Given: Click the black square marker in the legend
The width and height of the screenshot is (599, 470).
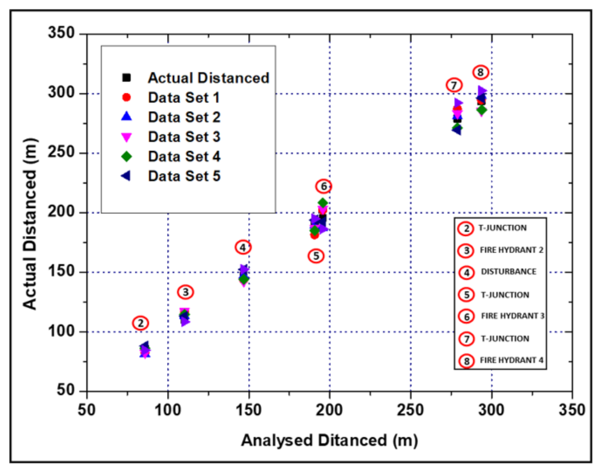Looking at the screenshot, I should click(x=126, y=78).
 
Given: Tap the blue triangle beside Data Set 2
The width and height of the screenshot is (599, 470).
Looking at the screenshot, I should click(x=126, y=116).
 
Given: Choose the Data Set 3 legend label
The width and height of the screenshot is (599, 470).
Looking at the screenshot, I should click(x=184, y=137).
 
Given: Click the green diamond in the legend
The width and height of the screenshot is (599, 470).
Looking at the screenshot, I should click(x=126, y=156).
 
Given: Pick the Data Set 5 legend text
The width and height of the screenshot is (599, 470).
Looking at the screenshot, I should click(x=184, y=176).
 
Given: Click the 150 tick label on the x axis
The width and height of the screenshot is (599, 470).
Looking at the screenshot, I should click(x=248, y=410).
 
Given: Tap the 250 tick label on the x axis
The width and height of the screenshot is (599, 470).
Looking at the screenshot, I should click(x=410, y=410).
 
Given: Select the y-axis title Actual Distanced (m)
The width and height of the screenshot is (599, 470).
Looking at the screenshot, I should click(x=30, y=224).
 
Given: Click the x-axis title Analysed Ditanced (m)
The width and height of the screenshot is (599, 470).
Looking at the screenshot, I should click(x=329, y=440).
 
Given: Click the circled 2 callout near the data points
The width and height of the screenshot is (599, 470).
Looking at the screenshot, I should click(x=141, y=323).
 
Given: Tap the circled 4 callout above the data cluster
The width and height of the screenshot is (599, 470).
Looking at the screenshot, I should click(x=243, y=247).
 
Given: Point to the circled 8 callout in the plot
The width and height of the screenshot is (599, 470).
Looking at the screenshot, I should click(x=480, y=72).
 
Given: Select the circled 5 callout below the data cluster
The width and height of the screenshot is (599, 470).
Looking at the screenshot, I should click(x=316, y=256).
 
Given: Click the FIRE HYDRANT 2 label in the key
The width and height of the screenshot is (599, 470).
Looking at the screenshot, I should click(x=511, y=250).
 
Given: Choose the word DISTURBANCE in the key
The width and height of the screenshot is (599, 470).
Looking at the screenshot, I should click(x=508, y=272).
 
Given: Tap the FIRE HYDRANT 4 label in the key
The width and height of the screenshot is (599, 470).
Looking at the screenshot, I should click(x=511, y=360).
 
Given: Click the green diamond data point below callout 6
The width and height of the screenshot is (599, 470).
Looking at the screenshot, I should click(x=323, y=203).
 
